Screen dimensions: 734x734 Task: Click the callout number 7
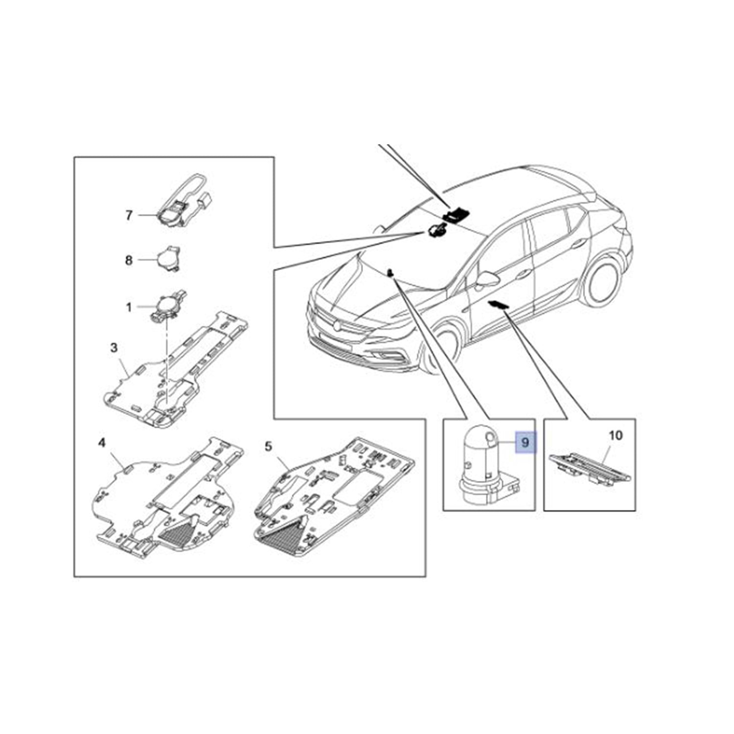click(x=129, y=215)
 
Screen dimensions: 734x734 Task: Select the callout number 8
click(x=129, y=260)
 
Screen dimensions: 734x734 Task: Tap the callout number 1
click(x=129, y=307)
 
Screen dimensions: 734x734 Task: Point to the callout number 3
click(x=114, y=348)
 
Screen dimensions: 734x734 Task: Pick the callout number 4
click(x=102, y=443)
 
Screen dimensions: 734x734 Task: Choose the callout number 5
click(x=268, y=446)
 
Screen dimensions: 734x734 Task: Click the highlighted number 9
click(x=525, y=443)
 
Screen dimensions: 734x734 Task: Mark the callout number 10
click(x=616, y=435)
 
